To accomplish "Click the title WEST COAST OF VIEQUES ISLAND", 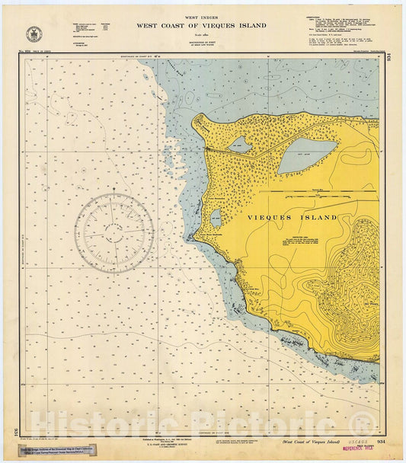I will point(202,25).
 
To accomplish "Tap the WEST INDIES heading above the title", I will point(202,17).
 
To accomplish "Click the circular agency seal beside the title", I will point(34,34).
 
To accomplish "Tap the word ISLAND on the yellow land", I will point(320,217).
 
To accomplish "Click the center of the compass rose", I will point(113,232).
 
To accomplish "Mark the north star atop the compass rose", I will point(113,188).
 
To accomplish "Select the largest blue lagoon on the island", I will point(306,155).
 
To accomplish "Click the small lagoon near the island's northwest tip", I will point(239,144).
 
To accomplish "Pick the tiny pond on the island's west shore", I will point(216,218).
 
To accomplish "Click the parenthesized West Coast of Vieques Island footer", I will point(308,442).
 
